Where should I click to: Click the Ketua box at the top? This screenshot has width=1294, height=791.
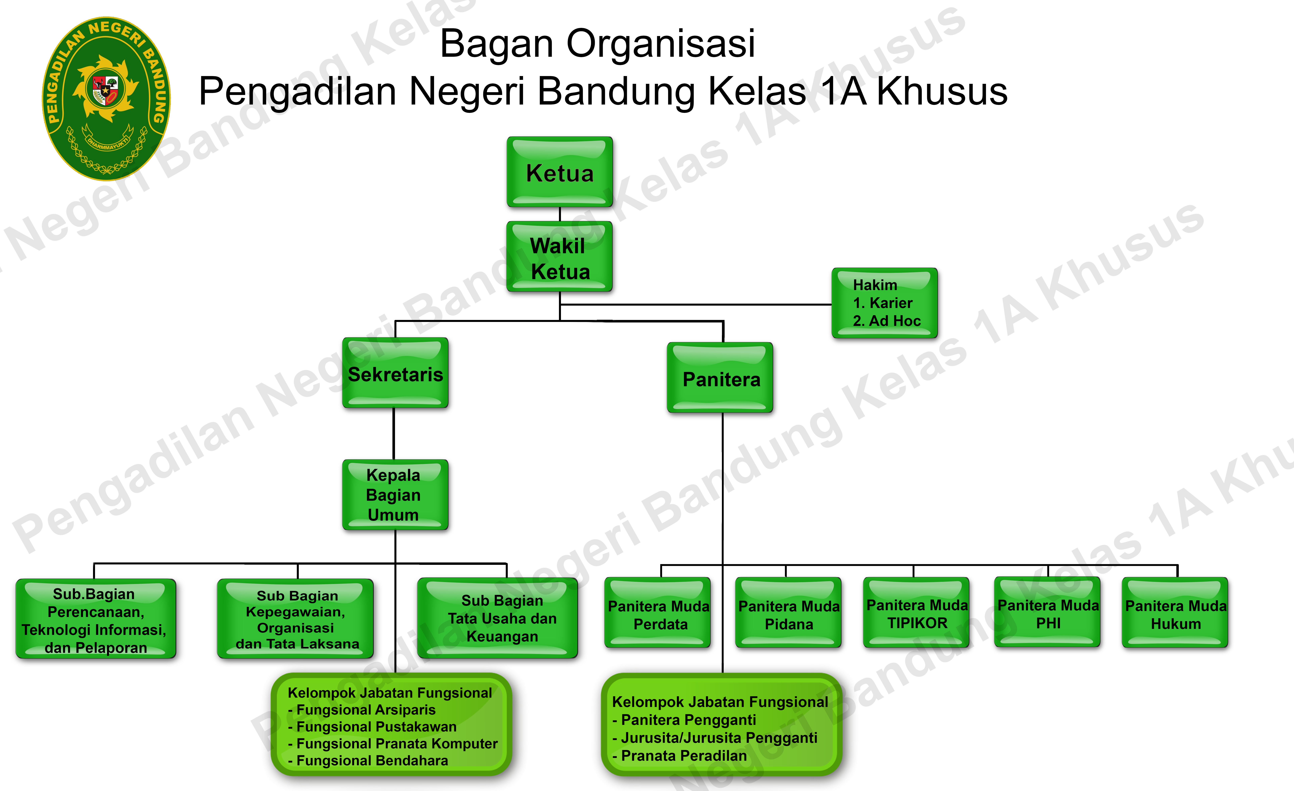560,172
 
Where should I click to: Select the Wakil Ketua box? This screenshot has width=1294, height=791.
560,257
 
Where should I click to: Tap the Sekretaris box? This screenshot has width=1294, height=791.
395,373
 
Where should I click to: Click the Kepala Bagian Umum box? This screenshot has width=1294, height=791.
395,495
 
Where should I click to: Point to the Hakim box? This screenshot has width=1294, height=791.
885,303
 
